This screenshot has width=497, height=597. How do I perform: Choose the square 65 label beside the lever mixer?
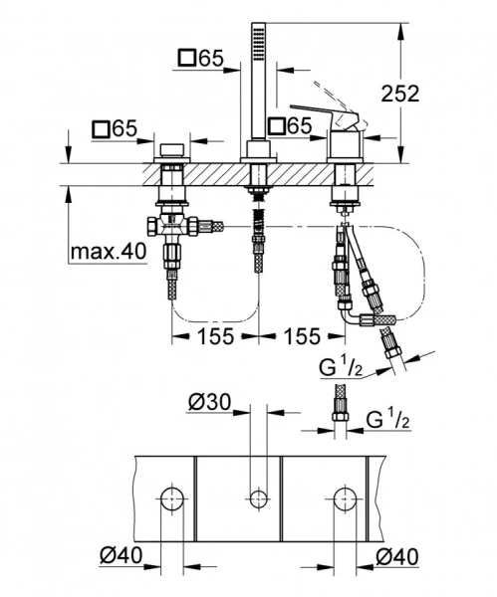click(x=290, y=126)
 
